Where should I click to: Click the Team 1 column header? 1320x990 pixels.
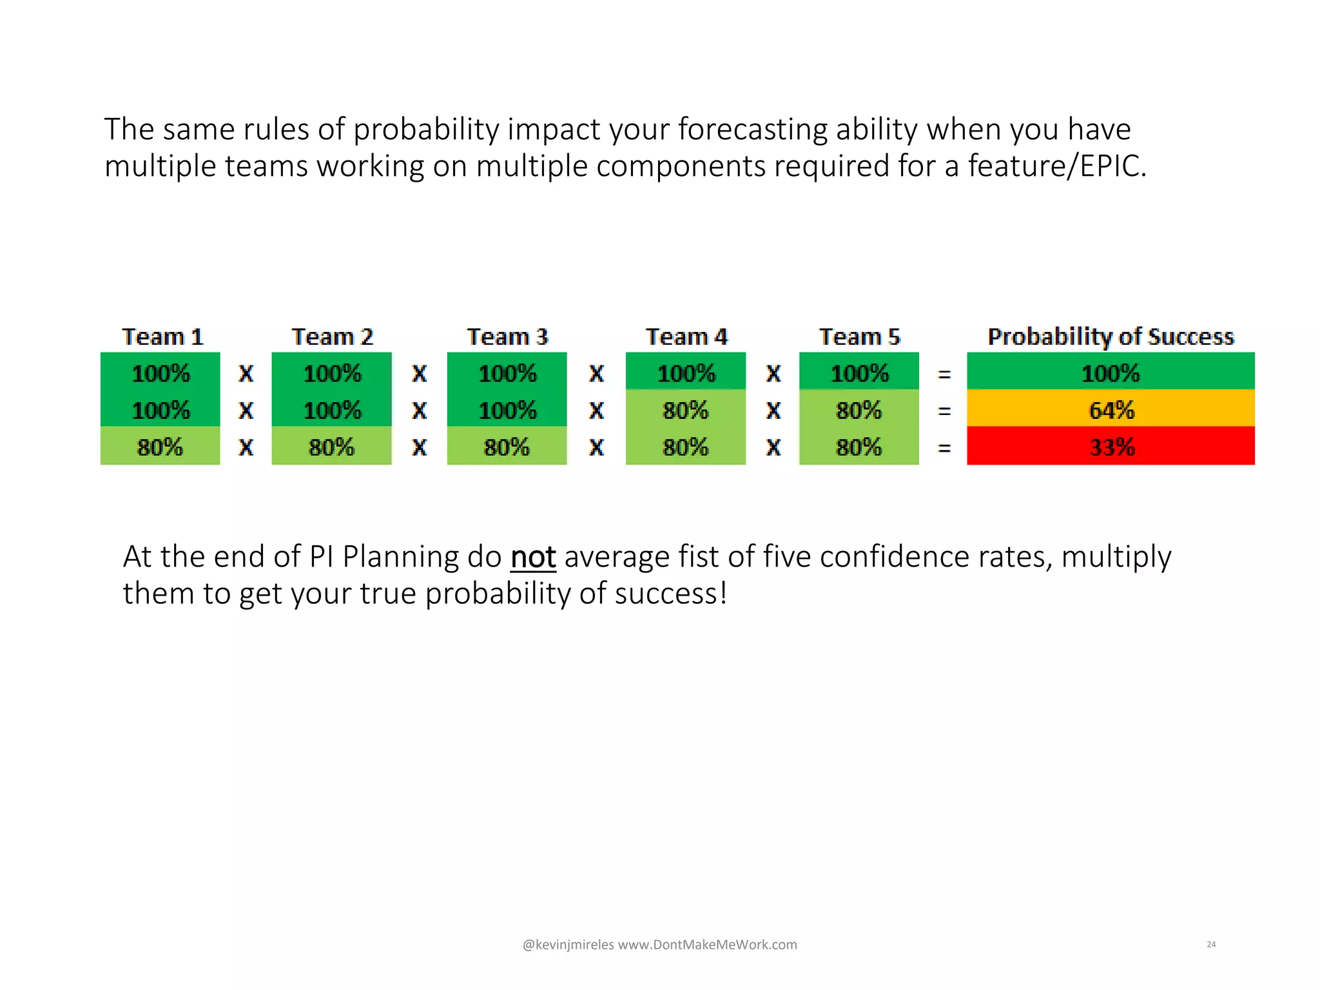point(162,336)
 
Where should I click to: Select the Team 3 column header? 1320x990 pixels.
point(507,336)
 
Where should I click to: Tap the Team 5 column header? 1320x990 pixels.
point(859,336)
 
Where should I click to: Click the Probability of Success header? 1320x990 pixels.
point(1111,336)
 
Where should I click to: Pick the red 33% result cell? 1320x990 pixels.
point(1111,447)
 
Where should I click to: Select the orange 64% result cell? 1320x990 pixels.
point(1111,410)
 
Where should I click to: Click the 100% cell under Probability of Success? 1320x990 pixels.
point(1111,373)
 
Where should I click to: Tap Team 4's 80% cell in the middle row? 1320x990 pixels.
point(685,410)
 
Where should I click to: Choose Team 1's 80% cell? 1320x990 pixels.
point(160,447)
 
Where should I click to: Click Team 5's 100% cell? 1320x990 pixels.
point(859,373)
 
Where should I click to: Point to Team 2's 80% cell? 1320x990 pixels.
point(331,447)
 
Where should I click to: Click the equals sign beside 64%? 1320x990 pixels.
point(944,411)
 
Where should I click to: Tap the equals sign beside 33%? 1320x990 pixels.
point(944,447)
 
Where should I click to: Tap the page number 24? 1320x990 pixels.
point(1211,944)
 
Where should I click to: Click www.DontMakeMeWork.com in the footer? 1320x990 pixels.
point(707,945)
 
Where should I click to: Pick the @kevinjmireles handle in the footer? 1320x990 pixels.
point(568,945)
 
